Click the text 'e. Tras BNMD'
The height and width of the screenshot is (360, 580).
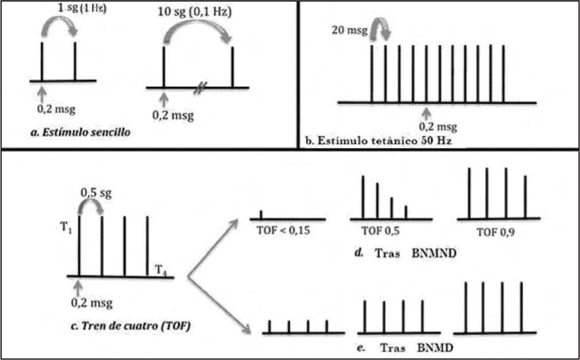point(410,348)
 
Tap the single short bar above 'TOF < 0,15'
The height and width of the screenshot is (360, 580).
point(261,214)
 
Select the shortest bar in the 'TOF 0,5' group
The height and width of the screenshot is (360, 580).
point(406,212)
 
